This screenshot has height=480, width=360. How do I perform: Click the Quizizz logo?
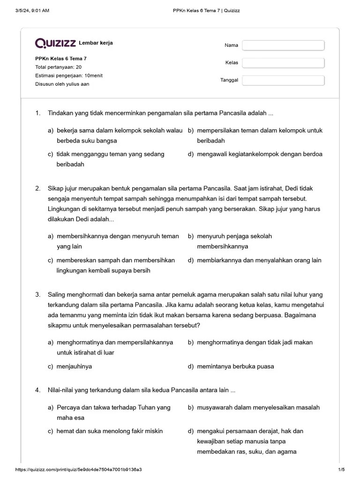55,43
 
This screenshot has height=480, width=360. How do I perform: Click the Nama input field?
283,45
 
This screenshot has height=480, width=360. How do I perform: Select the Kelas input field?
283,63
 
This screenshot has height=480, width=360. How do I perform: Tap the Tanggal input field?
283,80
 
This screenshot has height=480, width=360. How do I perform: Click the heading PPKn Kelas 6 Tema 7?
60,59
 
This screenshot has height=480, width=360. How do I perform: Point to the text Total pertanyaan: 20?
58,67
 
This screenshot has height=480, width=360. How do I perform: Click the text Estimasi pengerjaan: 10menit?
69,75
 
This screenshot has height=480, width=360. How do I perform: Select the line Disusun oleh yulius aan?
62,84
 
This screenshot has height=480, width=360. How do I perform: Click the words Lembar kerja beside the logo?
96,43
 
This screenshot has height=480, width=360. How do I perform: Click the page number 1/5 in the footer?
341,470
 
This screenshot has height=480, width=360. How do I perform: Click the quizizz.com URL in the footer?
79,470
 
